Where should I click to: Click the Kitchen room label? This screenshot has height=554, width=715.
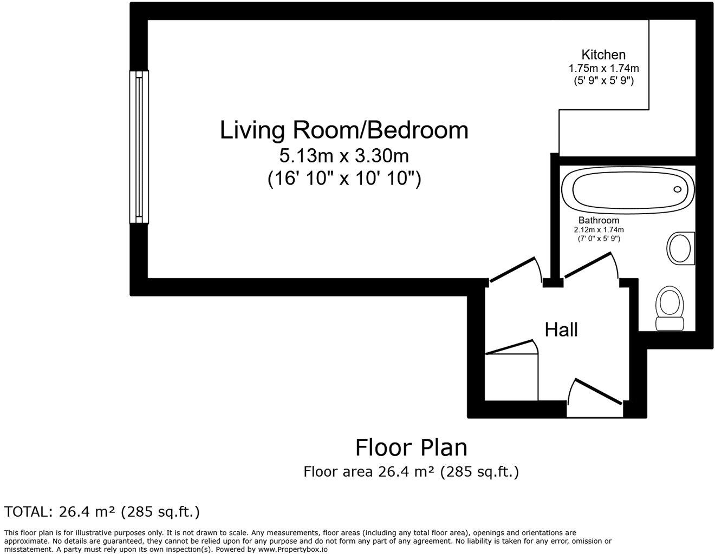tap(603, 55)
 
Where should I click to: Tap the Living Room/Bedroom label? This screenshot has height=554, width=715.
tap(344, 130)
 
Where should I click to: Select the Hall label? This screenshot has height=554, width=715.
tap(561, 329)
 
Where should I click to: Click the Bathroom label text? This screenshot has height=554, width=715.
tap(599, 220)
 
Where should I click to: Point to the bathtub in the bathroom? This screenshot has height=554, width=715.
tap(627, 189)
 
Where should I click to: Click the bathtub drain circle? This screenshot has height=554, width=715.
tap(677, 189)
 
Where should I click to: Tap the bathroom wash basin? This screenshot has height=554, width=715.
tap(681, 249)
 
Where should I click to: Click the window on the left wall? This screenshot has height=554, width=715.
tap(139, 147)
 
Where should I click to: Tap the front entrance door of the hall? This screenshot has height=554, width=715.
tap(596, 392)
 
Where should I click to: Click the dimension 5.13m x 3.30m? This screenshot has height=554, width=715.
tap(343, 156)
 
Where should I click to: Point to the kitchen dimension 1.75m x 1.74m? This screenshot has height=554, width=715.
tap(603, 69)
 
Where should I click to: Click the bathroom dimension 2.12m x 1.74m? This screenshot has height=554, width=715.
tap(599, 230)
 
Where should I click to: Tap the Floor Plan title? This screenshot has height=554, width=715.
tap(411, 448)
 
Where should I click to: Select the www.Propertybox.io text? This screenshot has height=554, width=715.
tap(292, 549)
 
